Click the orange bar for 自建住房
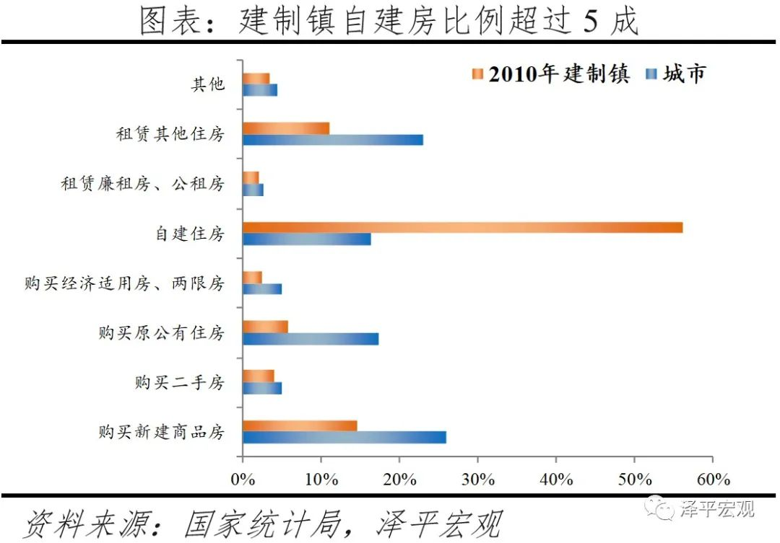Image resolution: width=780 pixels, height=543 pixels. pyautogui.click(x=462, y=228)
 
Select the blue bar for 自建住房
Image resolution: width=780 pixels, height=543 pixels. pyautogui.click(x=307, y=239)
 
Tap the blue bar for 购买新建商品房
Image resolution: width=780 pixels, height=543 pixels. pyautogui.click(x=344, y=437)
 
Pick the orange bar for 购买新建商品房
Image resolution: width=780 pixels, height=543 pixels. pyautogui.click(x=300, y=425)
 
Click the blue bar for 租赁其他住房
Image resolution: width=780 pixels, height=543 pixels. pyautogui.click(x=333, y=140)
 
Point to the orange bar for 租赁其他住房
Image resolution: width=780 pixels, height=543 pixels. pyautogui.click(x=286, y=128)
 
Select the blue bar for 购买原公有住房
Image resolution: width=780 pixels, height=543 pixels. pyautogui.click(x=311, y=339)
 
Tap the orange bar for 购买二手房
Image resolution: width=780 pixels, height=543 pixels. pyautogui.click(x=259, y=376)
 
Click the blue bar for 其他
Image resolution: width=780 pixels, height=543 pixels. pyautogui.click(x=260, y=90)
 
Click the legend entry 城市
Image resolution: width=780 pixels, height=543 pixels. pyautogui.click(x=675, y=74)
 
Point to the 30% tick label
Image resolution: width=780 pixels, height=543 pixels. pyautogui.click(x=477, y=479)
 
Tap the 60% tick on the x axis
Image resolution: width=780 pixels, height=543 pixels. pyautogui.click(x=712, y=479)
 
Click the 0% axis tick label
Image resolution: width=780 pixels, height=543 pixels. pyautogui.click(x=243, y=479)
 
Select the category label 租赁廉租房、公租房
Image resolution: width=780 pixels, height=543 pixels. pyautogui.click(x=142, y=184)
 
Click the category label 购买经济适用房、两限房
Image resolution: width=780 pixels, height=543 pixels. pyautogui.click(x=124, y=283)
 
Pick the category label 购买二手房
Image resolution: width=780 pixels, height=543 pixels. pyautogui.click(x=179, y=382)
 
